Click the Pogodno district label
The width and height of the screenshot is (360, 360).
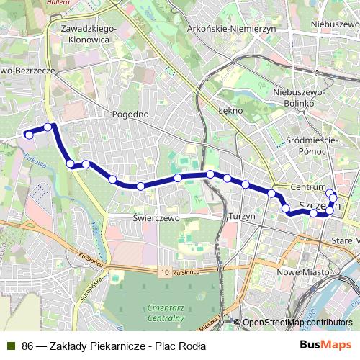click(x=130, y=114)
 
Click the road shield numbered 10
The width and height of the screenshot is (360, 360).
click(x=166, y=273)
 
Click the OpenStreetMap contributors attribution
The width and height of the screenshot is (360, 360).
click(x=297, y=323)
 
